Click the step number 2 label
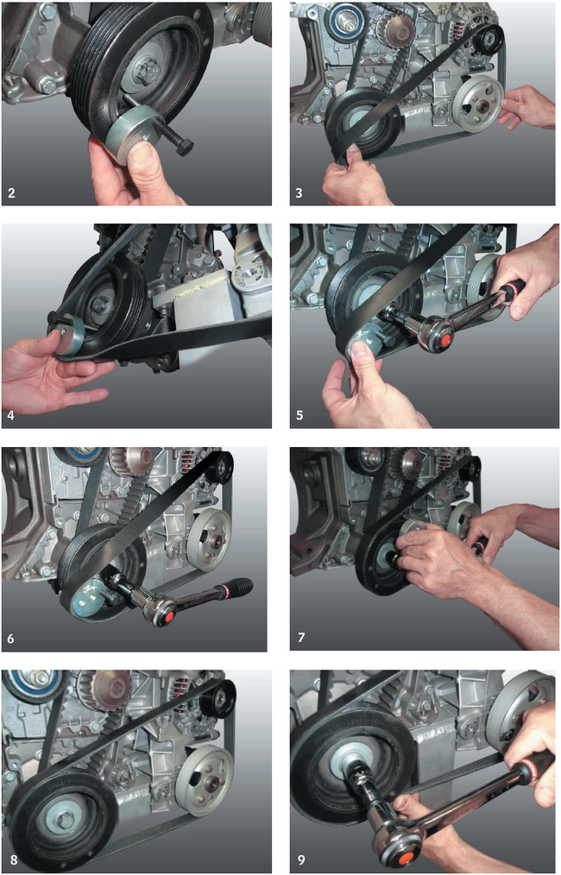click(x=12, y=193)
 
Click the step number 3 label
click(x=299, y=193)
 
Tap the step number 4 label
click(x=11, y=415)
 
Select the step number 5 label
click(x=299, y=416)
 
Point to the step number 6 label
click(x=11, y=638)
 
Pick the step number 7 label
click(x=301, y=637)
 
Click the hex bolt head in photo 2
click(x=182, y=148)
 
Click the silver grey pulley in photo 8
click(x=205, y=773)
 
